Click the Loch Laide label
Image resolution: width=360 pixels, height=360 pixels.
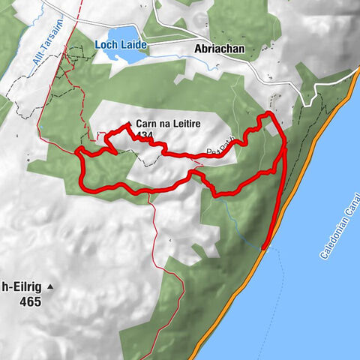(120, 45)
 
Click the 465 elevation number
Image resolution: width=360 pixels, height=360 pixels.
(31, 302)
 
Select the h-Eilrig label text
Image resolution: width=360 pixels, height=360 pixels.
(21, 286)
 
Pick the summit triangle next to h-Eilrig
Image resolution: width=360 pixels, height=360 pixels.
(50, 286)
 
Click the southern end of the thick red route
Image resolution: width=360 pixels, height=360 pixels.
(265, 246)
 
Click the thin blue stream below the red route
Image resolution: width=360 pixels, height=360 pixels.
(240, 225)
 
